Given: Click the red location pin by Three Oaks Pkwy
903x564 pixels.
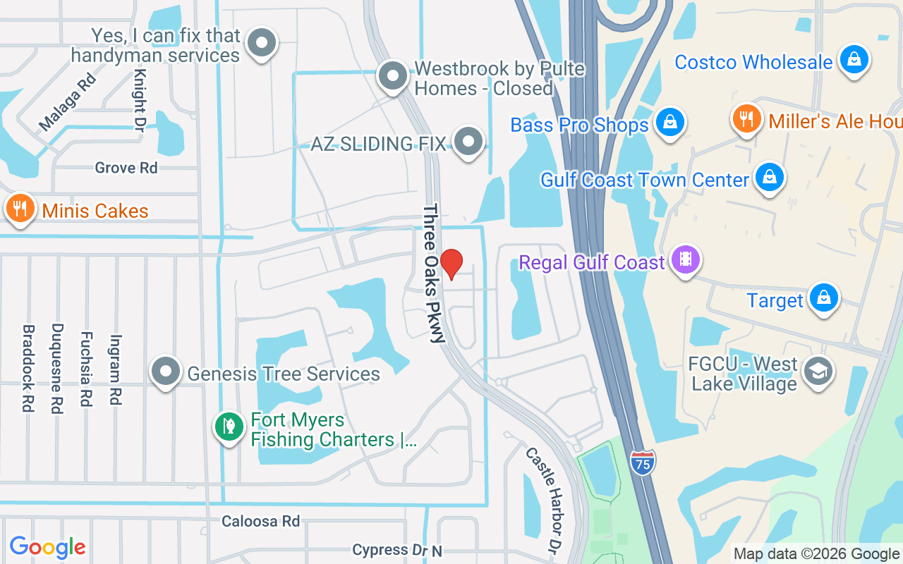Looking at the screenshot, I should [451, 264].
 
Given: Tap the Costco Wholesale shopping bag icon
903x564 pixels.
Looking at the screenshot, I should [854, 60].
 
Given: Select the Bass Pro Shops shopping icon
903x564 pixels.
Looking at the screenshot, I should [669, 122].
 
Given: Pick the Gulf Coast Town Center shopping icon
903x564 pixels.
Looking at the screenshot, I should [769, 177].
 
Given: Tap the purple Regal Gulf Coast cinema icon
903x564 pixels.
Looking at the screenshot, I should [685, 259].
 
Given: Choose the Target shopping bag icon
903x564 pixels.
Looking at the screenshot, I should [823, 298].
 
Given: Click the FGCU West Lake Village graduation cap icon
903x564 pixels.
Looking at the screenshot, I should [818, 370].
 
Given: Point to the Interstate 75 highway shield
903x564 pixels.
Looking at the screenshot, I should [643, 462].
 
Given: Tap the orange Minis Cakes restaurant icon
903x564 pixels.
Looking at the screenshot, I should [20, 209].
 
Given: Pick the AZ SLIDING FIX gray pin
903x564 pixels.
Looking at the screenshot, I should [467, 142].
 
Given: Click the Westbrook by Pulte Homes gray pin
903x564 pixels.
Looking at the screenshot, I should [393, 75].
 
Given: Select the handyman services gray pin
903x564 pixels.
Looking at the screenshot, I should [262, 43].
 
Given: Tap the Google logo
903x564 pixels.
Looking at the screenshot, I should [48, 547].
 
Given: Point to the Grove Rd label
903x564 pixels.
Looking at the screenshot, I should [126, 168].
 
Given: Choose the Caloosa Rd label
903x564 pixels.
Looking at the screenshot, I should [260, 521].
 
